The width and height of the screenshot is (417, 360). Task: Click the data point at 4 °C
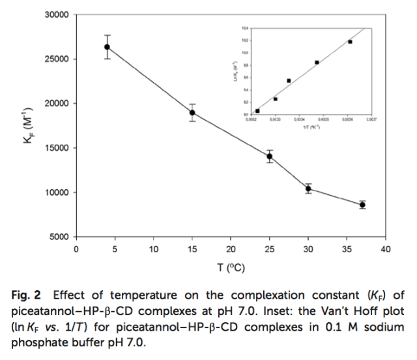pos(107,47)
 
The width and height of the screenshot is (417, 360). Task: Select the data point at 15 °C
pos(192,113)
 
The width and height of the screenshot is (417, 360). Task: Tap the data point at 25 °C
pos(270,157)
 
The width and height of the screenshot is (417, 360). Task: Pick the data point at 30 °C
pos(308,189)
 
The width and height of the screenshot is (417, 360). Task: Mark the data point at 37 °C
pos(362,205)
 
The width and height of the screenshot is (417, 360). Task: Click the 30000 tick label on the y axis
pos(57,15)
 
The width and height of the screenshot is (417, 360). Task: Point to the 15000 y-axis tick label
pos(57,148)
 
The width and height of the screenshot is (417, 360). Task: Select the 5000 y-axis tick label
pos(59,237)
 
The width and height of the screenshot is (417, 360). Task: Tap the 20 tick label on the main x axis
pos(231,250)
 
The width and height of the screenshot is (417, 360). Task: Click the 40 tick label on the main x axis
pos(386,250)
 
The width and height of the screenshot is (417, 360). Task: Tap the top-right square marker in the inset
pos(350,42)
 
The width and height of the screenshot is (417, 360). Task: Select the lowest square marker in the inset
pos(257,111)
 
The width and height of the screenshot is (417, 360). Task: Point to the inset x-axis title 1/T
pos(311,126)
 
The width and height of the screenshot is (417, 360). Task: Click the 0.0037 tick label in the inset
pos(371,119)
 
